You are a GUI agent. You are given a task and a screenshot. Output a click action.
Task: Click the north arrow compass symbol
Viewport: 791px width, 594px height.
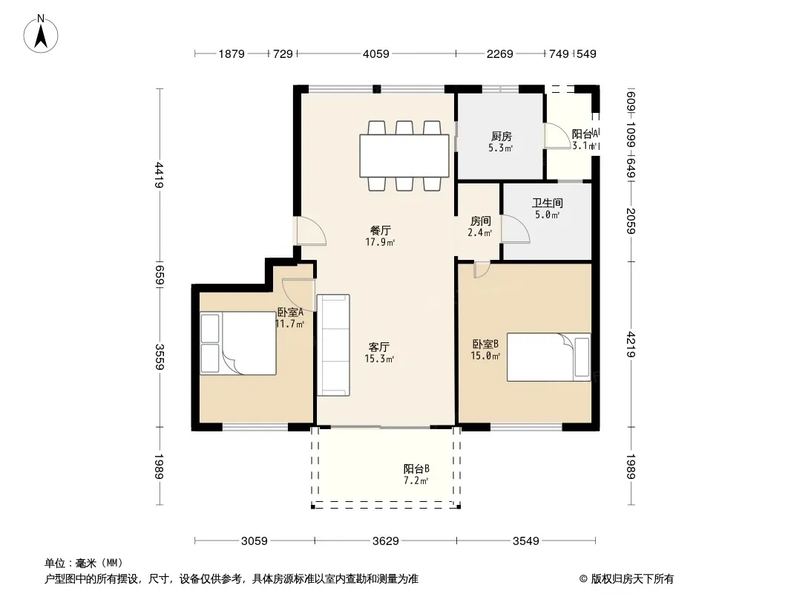(x=41, y=34)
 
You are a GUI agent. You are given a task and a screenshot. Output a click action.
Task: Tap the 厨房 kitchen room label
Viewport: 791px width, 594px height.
(x=502, y=137)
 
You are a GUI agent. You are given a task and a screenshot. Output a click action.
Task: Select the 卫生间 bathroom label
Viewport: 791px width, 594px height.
(x=548, y=203)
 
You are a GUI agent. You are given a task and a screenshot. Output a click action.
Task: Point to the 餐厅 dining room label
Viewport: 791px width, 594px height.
(x=381, y=231)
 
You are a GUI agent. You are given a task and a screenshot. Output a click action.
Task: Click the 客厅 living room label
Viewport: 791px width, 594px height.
(x=379, y=347)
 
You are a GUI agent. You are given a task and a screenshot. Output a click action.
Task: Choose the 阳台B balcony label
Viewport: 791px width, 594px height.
(x=416, y=469)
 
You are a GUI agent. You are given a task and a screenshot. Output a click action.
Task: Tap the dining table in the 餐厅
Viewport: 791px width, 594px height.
(x=404, y=156)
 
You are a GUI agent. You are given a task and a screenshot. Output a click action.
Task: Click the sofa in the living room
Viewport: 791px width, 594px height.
(x=333, y=345)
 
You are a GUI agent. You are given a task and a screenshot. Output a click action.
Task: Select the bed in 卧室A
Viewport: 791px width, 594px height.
(x=238, y=343)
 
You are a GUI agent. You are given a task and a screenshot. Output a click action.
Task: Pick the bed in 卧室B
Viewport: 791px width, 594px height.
(x=549, y=357)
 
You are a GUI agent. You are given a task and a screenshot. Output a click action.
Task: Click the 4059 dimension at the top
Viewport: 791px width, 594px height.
(x=375, y=53)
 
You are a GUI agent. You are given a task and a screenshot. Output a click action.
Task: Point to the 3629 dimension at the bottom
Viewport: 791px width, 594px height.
(x=385, y=541)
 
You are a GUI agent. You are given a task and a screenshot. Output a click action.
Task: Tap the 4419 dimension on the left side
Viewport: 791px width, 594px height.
(x=160, y=174)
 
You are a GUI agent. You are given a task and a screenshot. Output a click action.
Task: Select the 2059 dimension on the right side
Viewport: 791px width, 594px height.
(x=631, y=221)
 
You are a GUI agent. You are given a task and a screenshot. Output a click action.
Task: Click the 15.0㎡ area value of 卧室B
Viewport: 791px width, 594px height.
(x=485, y=356)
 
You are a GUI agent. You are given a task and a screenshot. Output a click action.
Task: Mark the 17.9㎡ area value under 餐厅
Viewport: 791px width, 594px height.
(x=380, y=242)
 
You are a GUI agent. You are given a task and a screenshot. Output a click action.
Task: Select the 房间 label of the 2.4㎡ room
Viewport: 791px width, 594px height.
(x=480, y=221)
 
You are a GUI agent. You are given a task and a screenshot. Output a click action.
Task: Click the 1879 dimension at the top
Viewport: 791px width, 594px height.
(x=232, y=53)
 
